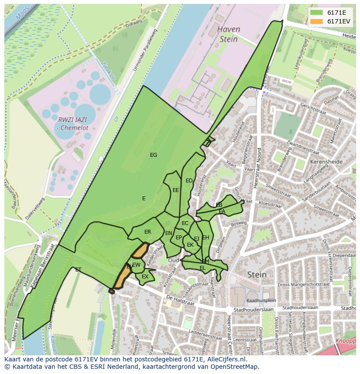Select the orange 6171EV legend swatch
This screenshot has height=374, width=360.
(x=316, y=21)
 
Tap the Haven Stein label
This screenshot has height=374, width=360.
(x=228, y=34)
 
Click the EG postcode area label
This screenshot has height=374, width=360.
(x=153, y=155)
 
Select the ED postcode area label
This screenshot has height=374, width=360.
(x=189, y=181)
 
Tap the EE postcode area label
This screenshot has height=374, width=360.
(x=176, y=190)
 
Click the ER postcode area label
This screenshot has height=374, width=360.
(x=148, y=232)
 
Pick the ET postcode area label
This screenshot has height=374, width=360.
(x=78, y=270)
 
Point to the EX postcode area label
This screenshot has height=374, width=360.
(x=145, y=277)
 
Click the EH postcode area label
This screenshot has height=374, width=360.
(x=206, y=238)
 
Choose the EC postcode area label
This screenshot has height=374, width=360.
(x=185, y=223)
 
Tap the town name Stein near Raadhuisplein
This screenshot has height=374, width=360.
(x=257, y=275)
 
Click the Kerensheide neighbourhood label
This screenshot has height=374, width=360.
(x=327, y=162)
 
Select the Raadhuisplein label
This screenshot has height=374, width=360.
(x=261, y=300)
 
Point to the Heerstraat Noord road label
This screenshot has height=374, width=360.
(x=257, y=169)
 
